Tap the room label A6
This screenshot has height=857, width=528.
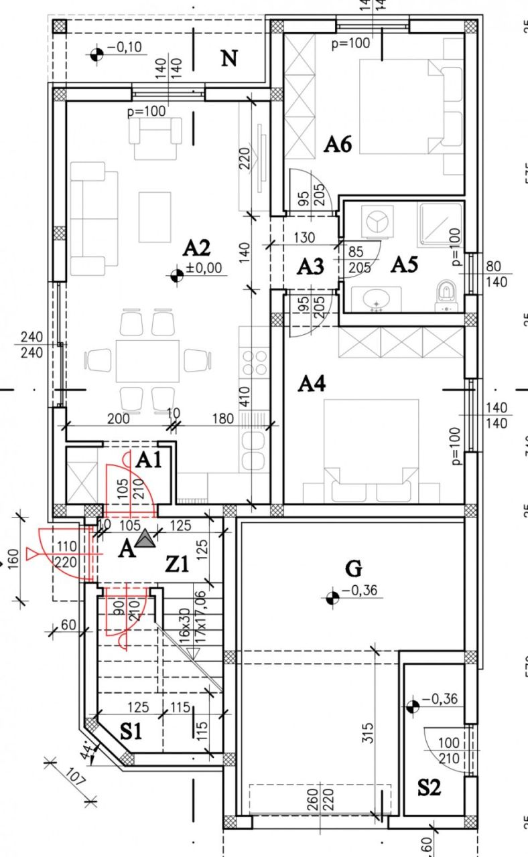[338, 144]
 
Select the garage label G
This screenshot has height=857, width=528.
[353, 569]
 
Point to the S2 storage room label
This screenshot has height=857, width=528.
[429, 788]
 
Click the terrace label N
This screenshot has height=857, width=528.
[229, 59]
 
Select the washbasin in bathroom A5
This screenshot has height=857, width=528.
[376, 299]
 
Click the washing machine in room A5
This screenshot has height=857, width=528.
[375, 222]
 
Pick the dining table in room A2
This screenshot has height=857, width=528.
[147, 360]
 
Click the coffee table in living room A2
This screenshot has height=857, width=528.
[155, 217]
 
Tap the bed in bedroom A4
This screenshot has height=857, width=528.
[371, 442]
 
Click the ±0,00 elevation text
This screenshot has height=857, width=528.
[207, 270]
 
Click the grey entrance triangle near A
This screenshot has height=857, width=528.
[144, 539]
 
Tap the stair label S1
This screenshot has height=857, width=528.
[131, 732]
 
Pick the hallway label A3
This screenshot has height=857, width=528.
[310, 267]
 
